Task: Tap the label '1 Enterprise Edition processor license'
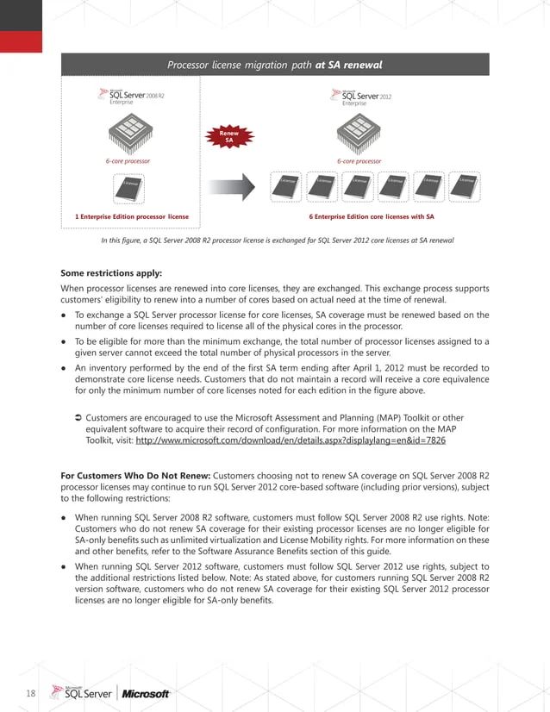[132, 216]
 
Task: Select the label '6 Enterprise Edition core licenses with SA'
[371, 216]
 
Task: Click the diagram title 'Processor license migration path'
[274, 65]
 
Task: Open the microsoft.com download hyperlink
[291, 440]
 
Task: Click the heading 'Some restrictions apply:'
[111, 273]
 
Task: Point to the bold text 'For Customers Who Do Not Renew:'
[135, 475]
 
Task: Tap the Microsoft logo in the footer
[146, 693]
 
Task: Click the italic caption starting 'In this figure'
[277, 240]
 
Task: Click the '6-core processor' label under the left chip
[128, 161]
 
